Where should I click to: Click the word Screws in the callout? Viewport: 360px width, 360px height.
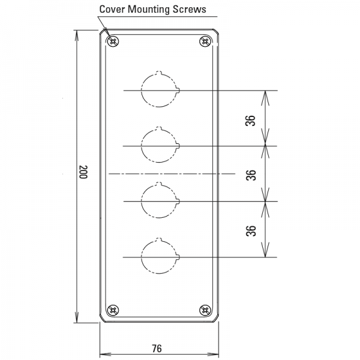click(189, 10)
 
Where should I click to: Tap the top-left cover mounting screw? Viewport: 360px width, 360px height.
click(113, 41)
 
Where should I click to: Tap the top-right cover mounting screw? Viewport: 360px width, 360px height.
click(205, 41)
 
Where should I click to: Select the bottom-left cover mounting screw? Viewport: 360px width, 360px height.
click(113, 310)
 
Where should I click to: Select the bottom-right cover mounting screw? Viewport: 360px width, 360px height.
click(205, 310)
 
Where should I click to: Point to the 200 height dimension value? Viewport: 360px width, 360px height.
click(83, 172)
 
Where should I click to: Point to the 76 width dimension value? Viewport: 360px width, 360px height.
click(157, 348)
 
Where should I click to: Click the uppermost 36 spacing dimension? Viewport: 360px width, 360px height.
click(250, 121)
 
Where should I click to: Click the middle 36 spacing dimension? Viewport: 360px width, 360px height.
click(251, 175)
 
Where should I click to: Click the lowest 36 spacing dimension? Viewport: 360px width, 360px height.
click(251, 231)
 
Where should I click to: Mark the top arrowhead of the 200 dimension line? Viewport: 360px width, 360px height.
click(77, 31)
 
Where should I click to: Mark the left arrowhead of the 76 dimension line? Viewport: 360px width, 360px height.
click(100, 355)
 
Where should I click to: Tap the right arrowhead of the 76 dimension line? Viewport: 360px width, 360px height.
click(218, 355)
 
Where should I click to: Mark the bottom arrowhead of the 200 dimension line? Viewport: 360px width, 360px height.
click(77, 323)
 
